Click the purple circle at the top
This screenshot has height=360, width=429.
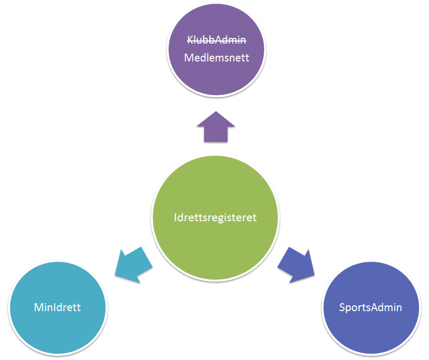coord(216,50)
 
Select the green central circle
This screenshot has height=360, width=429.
coord(215,218)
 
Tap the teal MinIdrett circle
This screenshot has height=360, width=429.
coord(58,308)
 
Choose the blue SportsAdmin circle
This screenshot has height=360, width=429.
coord(371,308)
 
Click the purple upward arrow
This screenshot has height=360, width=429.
coord(216,127)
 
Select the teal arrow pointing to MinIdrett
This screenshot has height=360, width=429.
coord(133,265)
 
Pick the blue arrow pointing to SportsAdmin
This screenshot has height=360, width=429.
coord(296,265)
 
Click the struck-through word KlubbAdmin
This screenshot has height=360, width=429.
coord(216,40)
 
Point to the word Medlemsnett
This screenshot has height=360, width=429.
coord(216,58)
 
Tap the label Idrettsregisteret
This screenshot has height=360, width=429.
coord(215,218)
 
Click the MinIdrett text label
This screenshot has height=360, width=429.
coord(57,307)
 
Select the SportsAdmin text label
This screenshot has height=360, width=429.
coord(370,307)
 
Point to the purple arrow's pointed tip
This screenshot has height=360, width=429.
coord(216,112)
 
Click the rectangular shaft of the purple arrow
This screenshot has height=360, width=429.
coord(216,135)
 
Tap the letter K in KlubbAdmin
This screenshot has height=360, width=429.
coord(191,40)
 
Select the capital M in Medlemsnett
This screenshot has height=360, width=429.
coord(189,58)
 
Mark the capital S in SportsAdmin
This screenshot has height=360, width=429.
coord(342,307)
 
